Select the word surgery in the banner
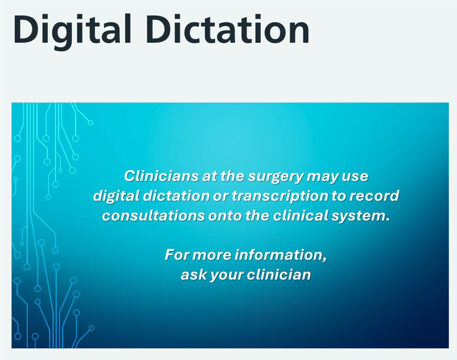[277, 176]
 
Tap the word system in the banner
[363, 216]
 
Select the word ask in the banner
[191, 275]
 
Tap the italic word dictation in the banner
[174, 196]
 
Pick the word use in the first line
[355, 176]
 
